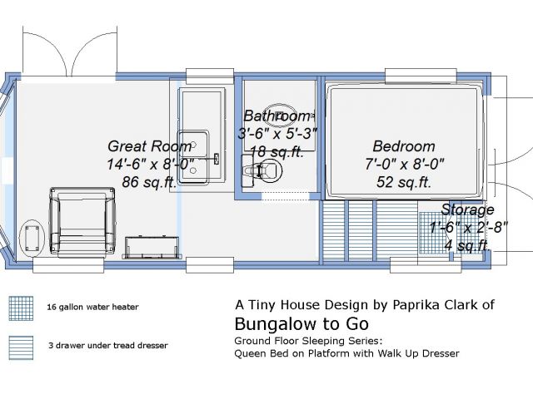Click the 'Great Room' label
(150, 146)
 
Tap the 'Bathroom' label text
(276, 116)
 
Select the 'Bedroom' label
(404, 146)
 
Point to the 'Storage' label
(467, 209)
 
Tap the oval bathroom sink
(281, 116)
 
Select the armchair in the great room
(82, 220)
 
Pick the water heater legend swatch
(21, 308)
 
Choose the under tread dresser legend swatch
(21, 347)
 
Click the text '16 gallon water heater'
(92, 307)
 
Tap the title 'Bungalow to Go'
(301, 323)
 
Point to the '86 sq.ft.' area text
(149, 182)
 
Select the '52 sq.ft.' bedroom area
(404, 182)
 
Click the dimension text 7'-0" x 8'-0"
(405, 165)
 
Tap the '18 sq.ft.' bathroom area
(276, 151)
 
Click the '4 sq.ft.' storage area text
(467, 245)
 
